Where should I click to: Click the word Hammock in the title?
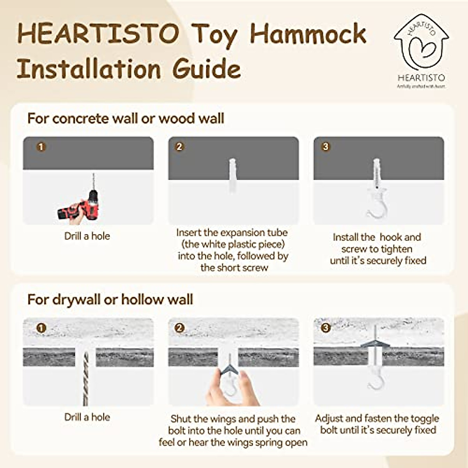[308, 34]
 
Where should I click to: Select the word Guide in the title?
[207, 69]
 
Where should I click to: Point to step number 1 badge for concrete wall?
[41, 147]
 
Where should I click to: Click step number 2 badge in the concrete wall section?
[179, 147]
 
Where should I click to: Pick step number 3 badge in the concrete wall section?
[325, 147]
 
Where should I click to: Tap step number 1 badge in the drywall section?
[41, 328]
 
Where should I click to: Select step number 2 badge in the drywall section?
[179, 328]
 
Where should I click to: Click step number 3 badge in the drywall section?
[325, 328]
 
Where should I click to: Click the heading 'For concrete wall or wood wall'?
[126, 119]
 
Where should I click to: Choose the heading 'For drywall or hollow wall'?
[110, 300]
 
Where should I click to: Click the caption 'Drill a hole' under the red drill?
[87, 236]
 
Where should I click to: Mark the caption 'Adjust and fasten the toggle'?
[377, 418]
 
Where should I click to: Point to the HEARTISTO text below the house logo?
[421, 78]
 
